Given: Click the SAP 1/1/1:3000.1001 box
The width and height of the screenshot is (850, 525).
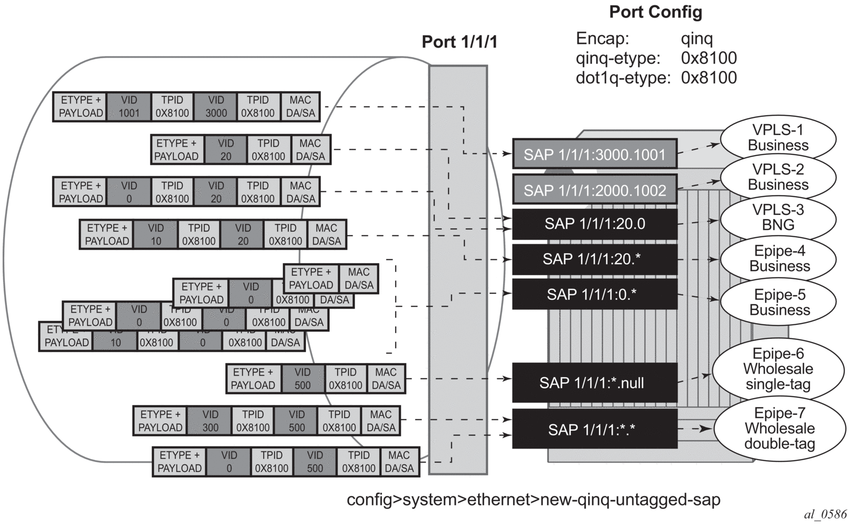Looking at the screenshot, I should [x=594, y=154].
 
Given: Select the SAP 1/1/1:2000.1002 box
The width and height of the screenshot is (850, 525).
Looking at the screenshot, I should [x=594, y=190].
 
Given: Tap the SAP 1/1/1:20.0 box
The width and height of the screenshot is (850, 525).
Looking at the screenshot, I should [x=594, y=224].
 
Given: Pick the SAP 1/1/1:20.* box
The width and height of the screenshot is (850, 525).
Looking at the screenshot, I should [x=594, y=259].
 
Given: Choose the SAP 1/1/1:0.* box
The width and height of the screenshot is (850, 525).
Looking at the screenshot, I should [x=594, y=294].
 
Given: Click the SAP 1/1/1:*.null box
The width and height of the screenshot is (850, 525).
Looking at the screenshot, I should [x=594, y=382].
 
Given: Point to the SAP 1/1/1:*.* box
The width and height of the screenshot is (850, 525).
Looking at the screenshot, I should [x=594, y=429].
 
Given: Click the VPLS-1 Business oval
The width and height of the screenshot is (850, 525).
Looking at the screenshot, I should [x=778, y=137].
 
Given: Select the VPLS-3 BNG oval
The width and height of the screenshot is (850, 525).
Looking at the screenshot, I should [x=778, y=217].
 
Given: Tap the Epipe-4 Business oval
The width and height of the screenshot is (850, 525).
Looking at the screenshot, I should [x=779, y=258].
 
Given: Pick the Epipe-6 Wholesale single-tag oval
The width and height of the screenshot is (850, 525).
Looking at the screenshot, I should [x=778, y=369].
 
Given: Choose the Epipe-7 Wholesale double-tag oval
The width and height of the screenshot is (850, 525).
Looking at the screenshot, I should [x=779, y=428].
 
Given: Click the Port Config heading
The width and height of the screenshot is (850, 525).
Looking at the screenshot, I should [x=655, y=12].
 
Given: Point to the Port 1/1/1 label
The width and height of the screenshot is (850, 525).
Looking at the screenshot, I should [x=459, y=42].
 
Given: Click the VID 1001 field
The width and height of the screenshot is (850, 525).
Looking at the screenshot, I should [x=129, y=106].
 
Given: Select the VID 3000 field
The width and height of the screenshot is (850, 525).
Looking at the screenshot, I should [x=215, y=106].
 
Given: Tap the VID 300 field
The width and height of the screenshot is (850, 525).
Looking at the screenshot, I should [x=210, y=421].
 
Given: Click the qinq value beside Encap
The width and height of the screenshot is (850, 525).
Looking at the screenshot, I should [x=696, y=39].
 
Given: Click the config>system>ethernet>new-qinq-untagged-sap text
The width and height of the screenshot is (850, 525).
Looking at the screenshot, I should [x=533, y=499].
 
